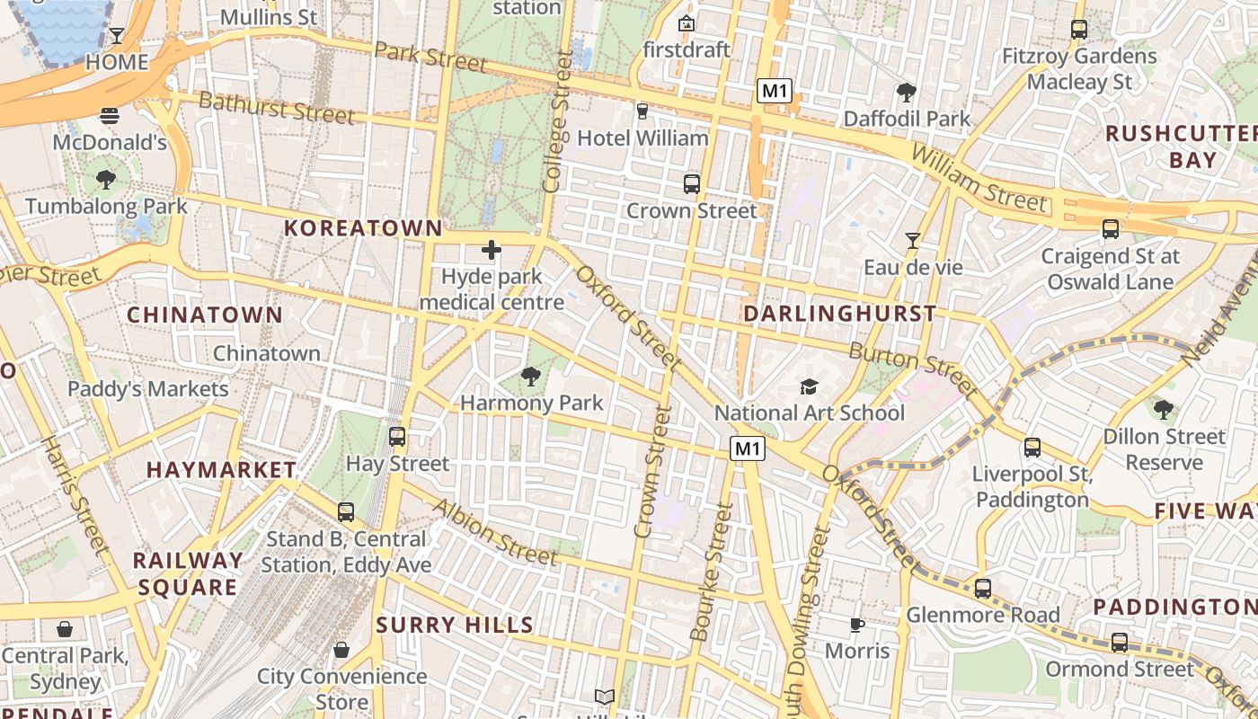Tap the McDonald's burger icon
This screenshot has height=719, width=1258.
click(x=110, y=115)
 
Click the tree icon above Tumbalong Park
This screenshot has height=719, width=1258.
click(x=106, y=179)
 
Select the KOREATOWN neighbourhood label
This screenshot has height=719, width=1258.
click(x=363, y=228)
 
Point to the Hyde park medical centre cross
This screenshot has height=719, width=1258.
click(x=492, y=249)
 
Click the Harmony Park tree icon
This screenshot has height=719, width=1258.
click(x=531, y=376)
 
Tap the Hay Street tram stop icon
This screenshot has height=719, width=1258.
click(x=397, y=437)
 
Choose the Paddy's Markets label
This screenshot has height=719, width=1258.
click(x=148, y=389)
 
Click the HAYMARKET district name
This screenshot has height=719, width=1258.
click(x=221, y=470)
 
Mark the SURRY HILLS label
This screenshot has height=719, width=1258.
click(x=455, y=625)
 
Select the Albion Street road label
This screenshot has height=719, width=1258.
click(x=494, y=532)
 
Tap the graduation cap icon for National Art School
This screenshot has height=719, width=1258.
click(x=810, y=386)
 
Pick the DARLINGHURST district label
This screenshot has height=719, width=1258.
click(x=839, y=314)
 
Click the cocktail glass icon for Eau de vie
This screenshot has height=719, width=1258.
click(x=913, y=240)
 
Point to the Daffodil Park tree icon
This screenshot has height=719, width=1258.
click(x=907, y=92)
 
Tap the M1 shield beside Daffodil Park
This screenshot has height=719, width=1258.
click(x=774, y=90)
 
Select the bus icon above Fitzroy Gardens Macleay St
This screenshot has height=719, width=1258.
click(x=1079, y=30)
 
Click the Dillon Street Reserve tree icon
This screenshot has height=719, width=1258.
click(x=1164, y=410)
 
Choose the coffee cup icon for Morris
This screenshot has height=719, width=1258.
click(x=857, y=624)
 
